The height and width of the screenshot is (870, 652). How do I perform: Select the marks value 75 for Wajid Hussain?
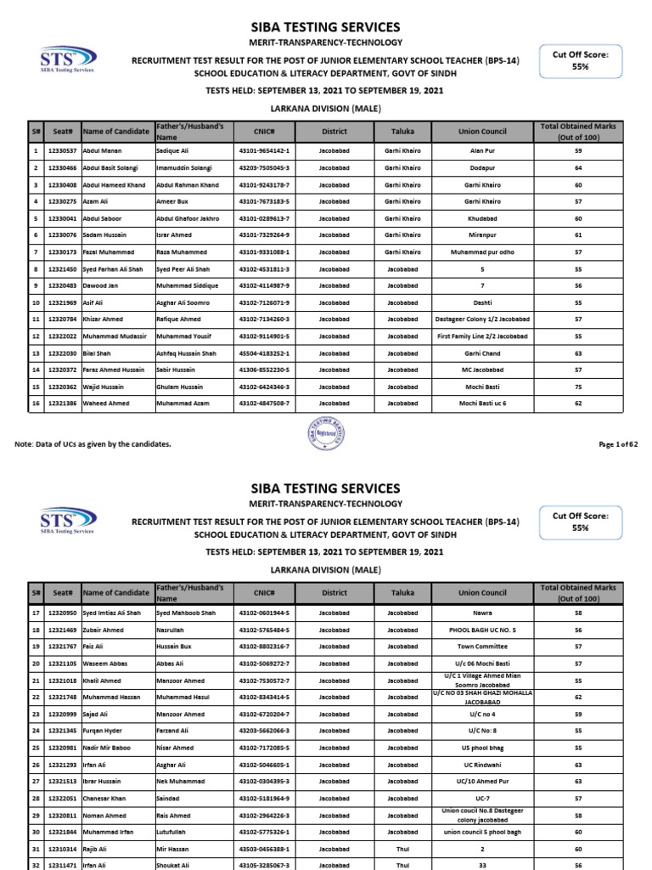577,386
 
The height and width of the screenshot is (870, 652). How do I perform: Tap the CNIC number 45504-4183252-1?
263,353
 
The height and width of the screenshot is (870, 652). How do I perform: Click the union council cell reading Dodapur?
481,168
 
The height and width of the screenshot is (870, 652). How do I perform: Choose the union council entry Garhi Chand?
481,353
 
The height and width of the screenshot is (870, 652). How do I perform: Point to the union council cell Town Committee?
481,647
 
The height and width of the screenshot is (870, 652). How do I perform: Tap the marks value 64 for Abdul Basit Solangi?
577,168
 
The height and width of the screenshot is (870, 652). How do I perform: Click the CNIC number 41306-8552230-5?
263,370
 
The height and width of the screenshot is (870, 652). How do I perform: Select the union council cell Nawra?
481,613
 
